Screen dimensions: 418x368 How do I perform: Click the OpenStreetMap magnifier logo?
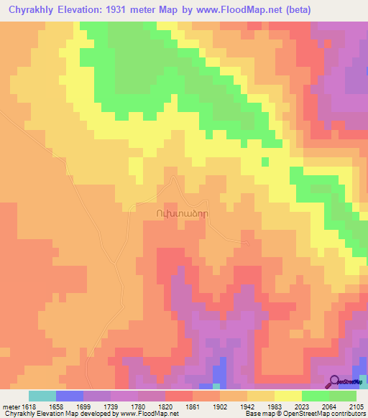coord(333,381)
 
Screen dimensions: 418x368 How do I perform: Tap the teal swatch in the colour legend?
coord(42,396)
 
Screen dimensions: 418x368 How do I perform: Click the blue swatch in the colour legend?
coord(70,396)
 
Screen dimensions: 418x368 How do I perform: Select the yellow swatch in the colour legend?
coord(287,396)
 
